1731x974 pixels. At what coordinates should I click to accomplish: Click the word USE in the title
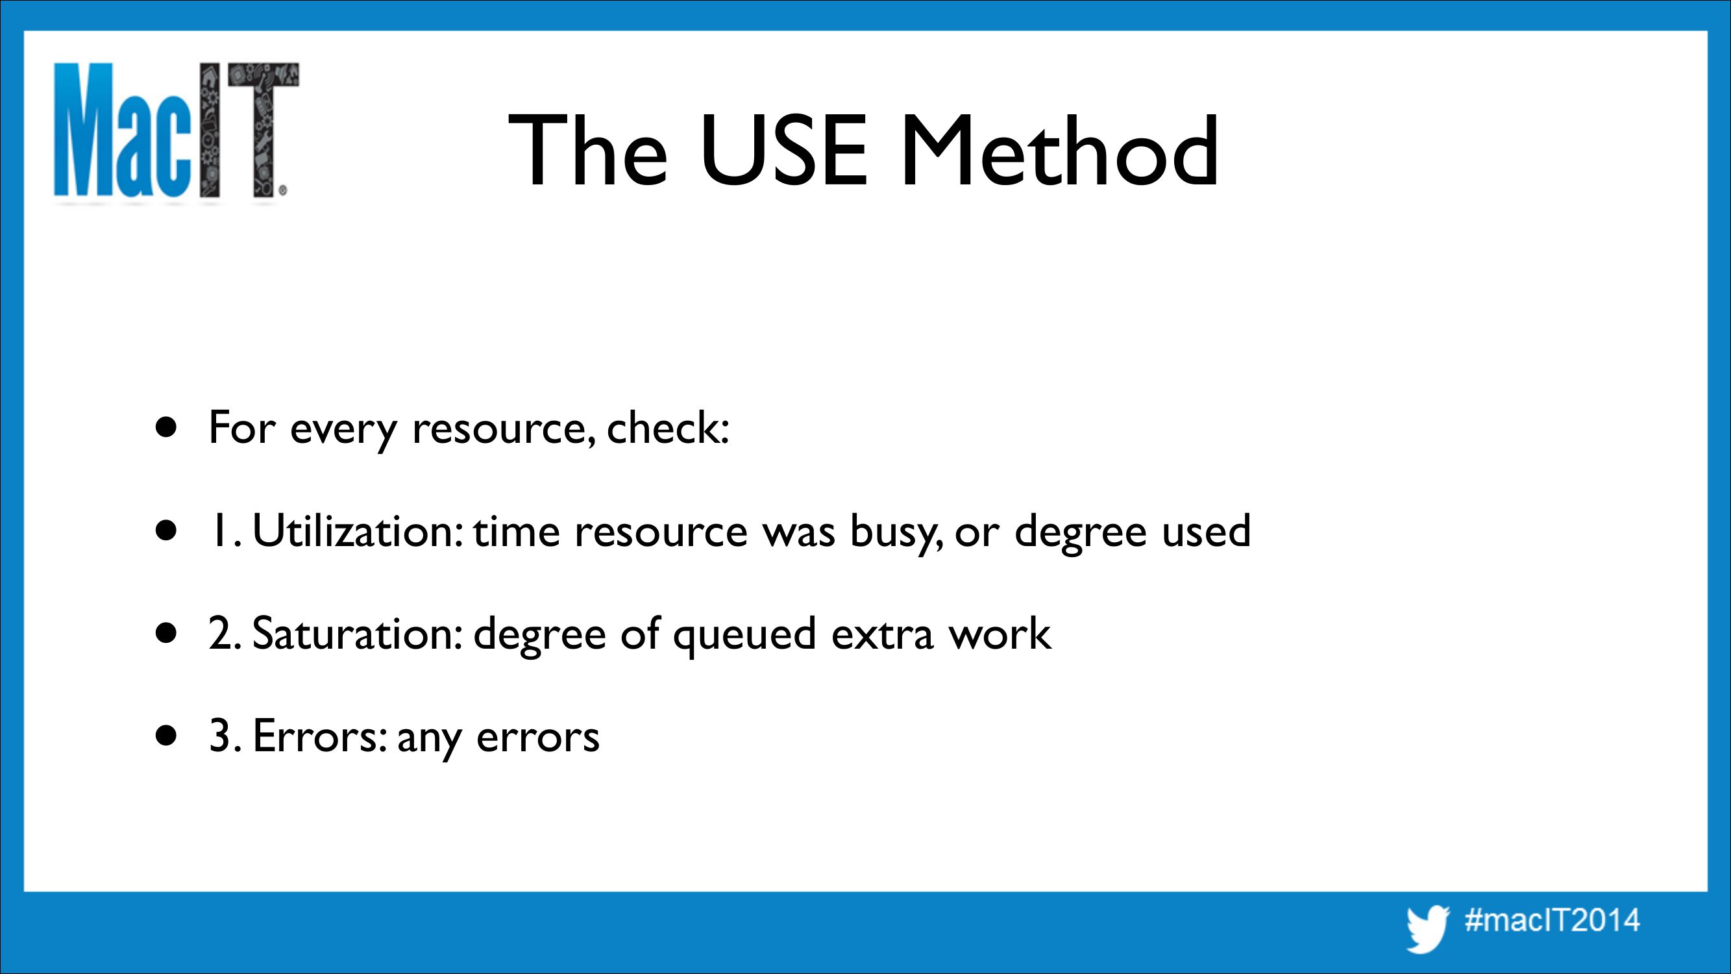coord(783,150)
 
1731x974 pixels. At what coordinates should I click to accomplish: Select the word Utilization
coord(357,531)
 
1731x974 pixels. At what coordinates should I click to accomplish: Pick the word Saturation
coord(357,633)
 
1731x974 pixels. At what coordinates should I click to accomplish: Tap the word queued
coord(744,636)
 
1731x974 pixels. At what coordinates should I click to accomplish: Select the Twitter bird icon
coord(1427,929)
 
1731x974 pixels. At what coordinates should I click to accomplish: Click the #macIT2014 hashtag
coord(1552,919)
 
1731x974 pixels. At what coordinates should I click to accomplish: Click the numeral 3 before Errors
coord(220,736)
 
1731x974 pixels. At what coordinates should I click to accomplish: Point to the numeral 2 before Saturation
coord(221,633)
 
